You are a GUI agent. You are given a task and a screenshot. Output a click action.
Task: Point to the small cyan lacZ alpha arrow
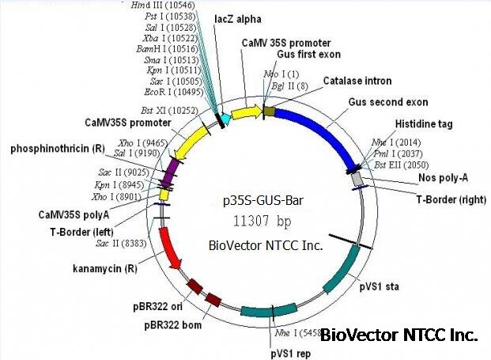[x=225, y=119]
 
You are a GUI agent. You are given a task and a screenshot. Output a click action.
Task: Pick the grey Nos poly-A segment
[x=358, y=180]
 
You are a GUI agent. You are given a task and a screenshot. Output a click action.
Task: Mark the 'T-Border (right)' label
[x=447, y=198]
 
